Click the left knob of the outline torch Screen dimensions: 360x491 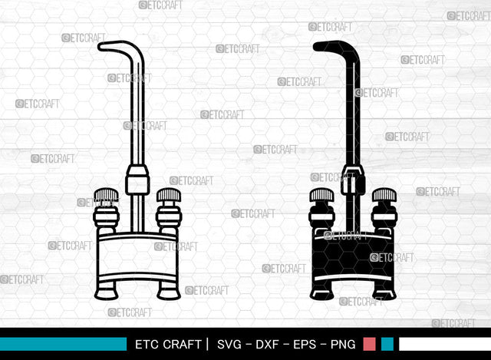[x=107, y=196]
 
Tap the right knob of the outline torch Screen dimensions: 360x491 [x=169, y=196]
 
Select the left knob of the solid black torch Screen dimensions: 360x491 [x=322, y=196]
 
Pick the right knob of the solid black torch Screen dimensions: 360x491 [x=384, y=196]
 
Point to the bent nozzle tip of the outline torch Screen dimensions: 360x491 [x=107, y=45]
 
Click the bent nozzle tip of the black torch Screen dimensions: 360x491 [x=323, y=45]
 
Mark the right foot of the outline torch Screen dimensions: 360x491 [x=169, y=291]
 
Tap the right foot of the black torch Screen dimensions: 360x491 [x=384, y=291]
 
